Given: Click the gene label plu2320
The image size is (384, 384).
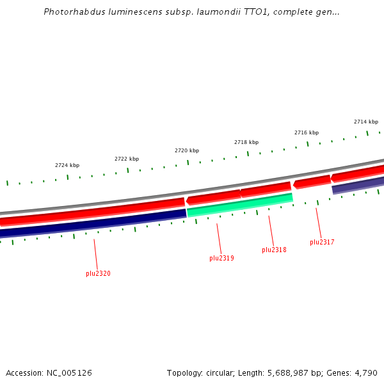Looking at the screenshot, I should click(x=98, y=273).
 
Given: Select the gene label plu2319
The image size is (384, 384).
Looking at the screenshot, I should click(x=221, y=259).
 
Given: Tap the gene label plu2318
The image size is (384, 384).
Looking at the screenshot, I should click(x=274, y=250).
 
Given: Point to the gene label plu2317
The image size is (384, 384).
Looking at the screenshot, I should click(x=322, y=242).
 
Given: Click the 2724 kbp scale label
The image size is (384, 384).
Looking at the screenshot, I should click(x=67, y=165).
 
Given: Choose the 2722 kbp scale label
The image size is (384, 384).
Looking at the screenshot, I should click(x=127, y=159).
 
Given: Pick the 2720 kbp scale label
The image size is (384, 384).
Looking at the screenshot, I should click(x=187, y=150).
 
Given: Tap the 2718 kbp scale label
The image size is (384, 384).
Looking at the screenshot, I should click(x=246, y=142).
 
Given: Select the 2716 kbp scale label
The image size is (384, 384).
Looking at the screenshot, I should click(x=307, y=132).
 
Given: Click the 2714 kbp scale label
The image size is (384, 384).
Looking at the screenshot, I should click(x=366, y=122).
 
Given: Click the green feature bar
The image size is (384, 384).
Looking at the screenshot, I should click(x=240, y=205).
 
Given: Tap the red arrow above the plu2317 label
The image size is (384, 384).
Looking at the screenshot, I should click(x=312, y=182).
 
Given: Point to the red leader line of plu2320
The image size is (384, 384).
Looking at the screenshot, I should click(x=96, y=254).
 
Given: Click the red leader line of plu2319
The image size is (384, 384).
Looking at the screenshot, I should click(x=219, y=238).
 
